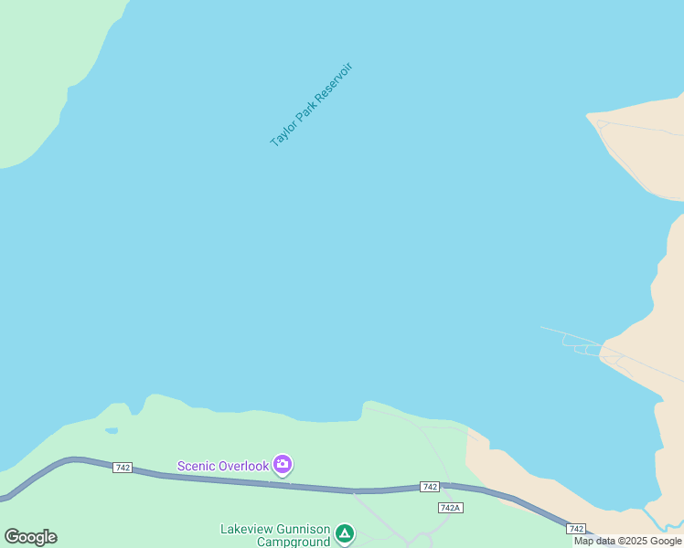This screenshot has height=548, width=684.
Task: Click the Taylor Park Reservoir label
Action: click(x=311, y=105)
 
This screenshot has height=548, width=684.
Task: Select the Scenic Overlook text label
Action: click(x=223, y=466)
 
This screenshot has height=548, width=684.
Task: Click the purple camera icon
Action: click(x=283, y=465)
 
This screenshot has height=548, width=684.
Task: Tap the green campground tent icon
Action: click(x=344, y=532)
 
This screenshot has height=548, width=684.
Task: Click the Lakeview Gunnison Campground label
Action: click(x=274, y=535)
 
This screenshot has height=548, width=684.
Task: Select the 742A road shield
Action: click(x=450, y=508)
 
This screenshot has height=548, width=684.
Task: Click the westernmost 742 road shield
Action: click(x=123, y=468)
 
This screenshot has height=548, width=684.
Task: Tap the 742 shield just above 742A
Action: click(x=430, y=487)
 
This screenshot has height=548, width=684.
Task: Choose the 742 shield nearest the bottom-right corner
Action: click(x=575, y=529)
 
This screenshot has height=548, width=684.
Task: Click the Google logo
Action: click(x=30, y=537)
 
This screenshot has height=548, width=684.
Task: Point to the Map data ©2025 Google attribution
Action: click(x=628, y=542)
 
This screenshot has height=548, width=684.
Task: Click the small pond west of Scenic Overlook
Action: click(x=112, y=430)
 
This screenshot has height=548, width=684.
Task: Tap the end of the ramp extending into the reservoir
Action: click(x=542, y=327)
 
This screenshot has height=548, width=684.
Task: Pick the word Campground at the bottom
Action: click(x=293, y=543)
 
